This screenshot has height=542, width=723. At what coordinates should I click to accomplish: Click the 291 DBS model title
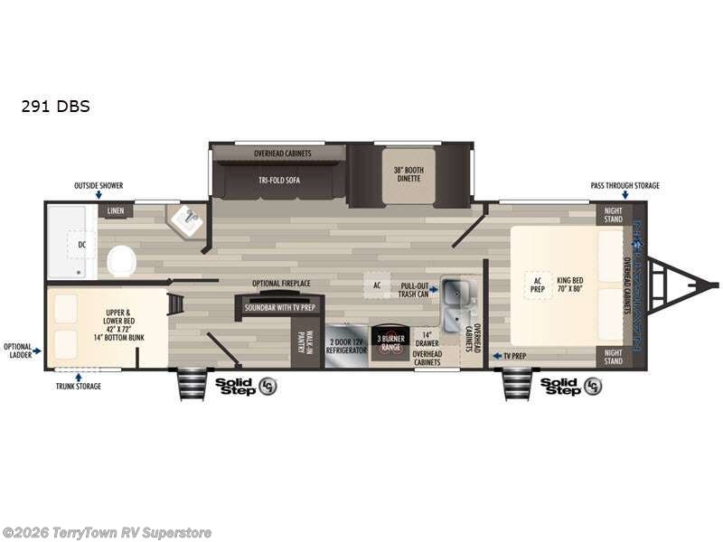[x=56, y=106]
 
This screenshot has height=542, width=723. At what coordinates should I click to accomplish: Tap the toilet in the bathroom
[x=121, y=262]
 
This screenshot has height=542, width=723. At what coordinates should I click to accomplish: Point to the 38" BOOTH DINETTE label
[x=408, y=174]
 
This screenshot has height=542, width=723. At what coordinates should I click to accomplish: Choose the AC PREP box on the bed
[x=536, y=285]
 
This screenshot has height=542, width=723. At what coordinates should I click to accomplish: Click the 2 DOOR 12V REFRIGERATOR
[x=347, y=344]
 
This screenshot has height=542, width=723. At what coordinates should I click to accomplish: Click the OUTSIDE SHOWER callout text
[x=99, y=186]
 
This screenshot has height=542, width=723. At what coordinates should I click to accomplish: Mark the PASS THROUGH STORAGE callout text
[x=624, y=186]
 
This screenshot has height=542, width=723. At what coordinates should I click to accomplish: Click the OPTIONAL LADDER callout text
[x=18, y=350]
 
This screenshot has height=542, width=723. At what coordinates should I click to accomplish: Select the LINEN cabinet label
[x=115, y=211]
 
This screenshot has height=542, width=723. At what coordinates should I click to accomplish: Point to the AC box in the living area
[x=377, y=284]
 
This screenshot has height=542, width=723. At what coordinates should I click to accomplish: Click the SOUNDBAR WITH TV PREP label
[x=279, y=307]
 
